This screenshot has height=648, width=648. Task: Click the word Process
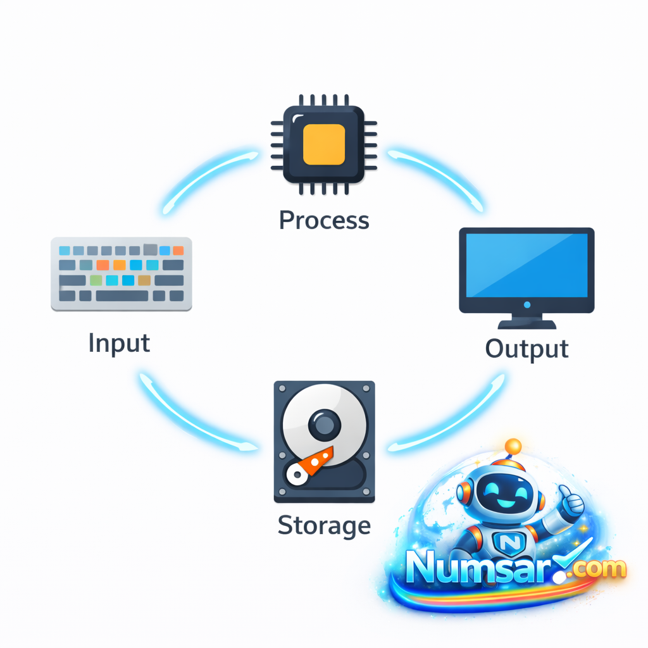click(x=324, y=220)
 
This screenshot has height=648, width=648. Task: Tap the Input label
click(x=119, y=343)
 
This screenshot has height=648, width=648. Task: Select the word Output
click(x=526, y=349)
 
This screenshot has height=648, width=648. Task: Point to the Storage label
click(x=324, y=525)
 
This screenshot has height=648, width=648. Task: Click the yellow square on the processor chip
click(x=324, y=144)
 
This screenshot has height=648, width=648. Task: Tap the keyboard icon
click(x=121, y=274)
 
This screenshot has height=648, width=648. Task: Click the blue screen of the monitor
click(x=526, y=265)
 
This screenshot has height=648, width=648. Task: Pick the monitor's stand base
click(x=526, y=324)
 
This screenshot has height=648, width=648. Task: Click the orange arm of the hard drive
click(x=316, y=460)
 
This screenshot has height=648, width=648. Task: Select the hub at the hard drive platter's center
click(x=324, y=422)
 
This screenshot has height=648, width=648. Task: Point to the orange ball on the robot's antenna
click(x=513, y=446)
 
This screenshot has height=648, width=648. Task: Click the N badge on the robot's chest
click(x=508, y=542)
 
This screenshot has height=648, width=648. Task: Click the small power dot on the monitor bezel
click(x=526, y=305)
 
